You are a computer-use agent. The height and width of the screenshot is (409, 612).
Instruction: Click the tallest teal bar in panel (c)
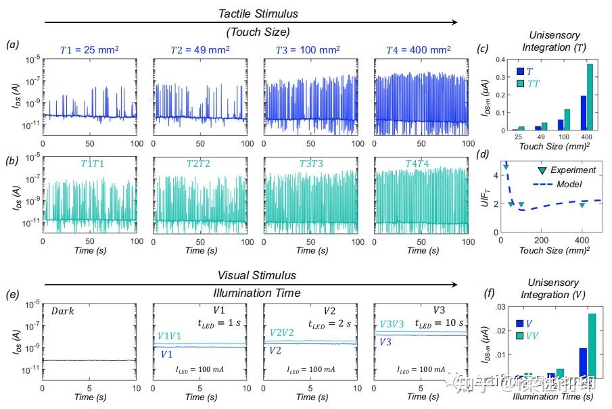click(x=588, y=96)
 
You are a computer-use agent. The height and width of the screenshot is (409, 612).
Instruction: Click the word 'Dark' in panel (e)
click(x=64, y=312)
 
